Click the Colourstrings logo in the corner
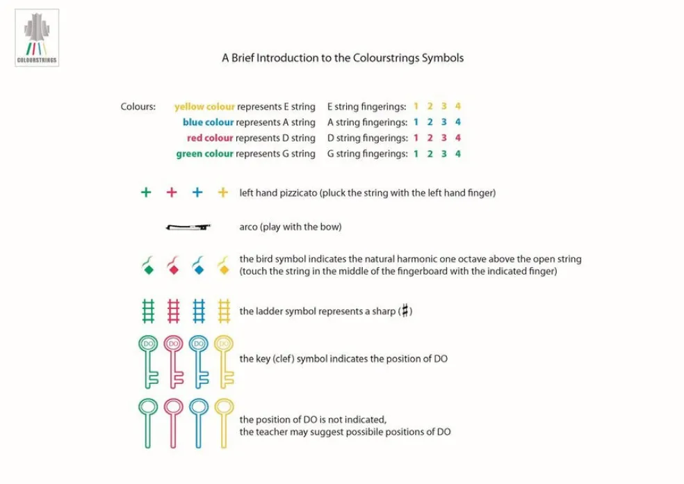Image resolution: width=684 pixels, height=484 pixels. pos(37,37)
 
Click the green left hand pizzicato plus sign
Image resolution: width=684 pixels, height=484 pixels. pos(146,193)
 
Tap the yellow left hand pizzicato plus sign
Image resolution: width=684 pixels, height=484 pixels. pos(223,193)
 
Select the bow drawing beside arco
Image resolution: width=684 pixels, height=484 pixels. pos(188,227)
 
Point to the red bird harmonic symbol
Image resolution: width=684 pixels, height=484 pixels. pos(173,265)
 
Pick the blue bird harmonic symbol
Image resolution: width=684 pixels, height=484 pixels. pos(198,265)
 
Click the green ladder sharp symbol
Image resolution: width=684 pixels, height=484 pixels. pos(147,311)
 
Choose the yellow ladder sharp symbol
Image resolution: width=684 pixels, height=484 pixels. pos(224,311)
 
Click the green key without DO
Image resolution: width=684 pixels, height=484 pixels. pos(147,422)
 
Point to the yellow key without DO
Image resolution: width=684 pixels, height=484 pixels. pos(224,422)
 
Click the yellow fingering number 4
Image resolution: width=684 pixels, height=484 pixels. pos(457,106)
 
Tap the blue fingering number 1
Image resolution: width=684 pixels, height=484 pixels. pos(416,122)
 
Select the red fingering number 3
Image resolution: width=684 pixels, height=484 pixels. pos(443,138)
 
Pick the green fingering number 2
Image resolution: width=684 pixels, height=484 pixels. pos(430,154)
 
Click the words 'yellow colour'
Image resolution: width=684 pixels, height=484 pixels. pos(204,107)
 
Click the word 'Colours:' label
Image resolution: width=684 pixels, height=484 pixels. pos(138,107)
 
